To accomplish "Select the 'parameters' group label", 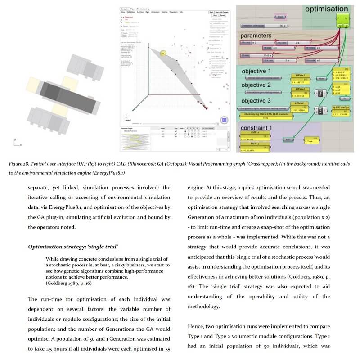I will point(256,35).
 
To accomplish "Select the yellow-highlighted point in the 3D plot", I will point(163,54).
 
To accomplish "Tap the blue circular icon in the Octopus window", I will point(224,119).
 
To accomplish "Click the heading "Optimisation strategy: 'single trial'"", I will point(73,247).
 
